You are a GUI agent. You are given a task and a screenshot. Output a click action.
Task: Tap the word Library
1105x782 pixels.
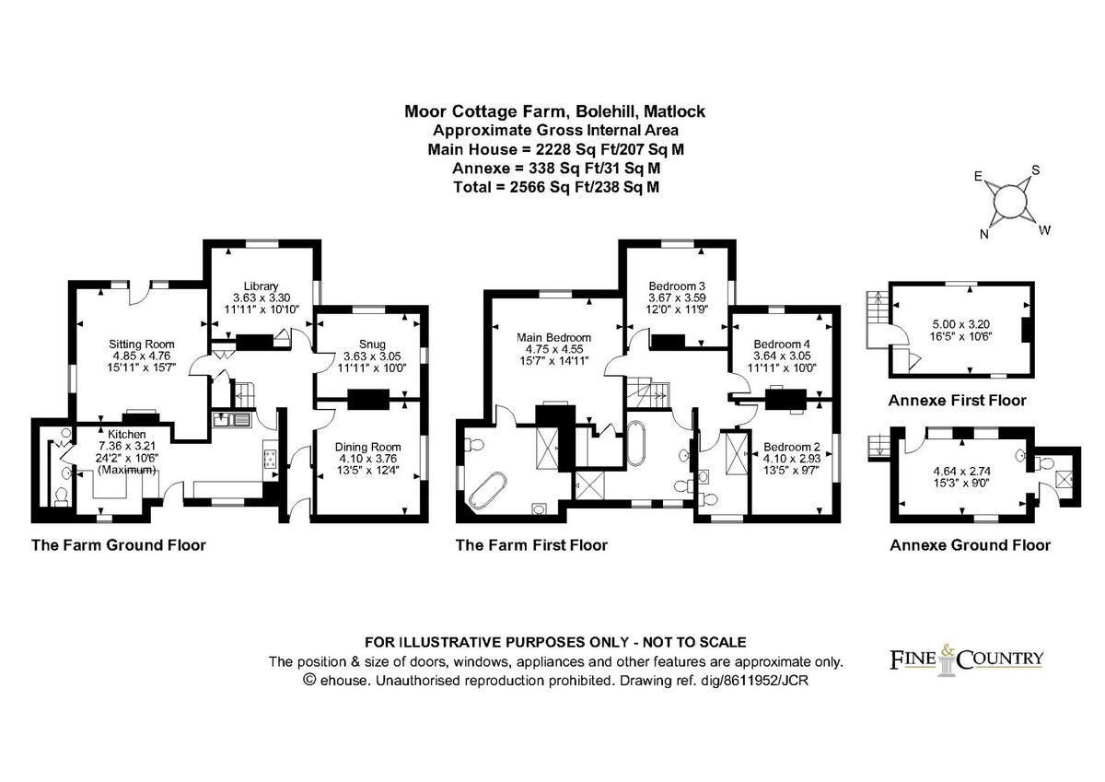point(261,286)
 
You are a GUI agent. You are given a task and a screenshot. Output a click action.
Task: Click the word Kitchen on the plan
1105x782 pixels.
point(127,434)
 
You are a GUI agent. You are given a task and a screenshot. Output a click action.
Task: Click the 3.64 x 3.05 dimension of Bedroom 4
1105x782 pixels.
point(784,356)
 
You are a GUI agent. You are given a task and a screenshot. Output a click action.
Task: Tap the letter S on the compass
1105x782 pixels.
point(1035,169)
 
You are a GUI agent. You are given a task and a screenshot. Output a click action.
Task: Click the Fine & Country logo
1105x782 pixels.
point(966,659)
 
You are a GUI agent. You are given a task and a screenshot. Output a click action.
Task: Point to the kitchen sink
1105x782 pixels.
point(231,420)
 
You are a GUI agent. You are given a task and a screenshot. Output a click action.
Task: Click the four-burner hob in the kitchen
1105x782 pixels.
point(272,458)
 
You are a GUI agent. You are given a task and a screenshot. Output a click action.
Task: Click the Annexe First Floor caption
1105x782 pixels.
point(957,401)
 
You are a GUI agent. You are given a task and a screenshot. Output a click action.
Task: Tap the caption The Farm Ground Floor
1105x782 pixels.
point(119,544)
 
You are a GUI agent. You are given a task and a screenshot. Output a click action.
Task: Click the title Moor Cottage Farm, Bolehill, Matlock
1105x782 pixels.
point(555,111)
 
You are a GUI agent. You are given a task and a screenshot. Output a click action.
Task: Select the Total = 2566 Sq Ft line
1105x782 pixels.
point(555,187)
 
